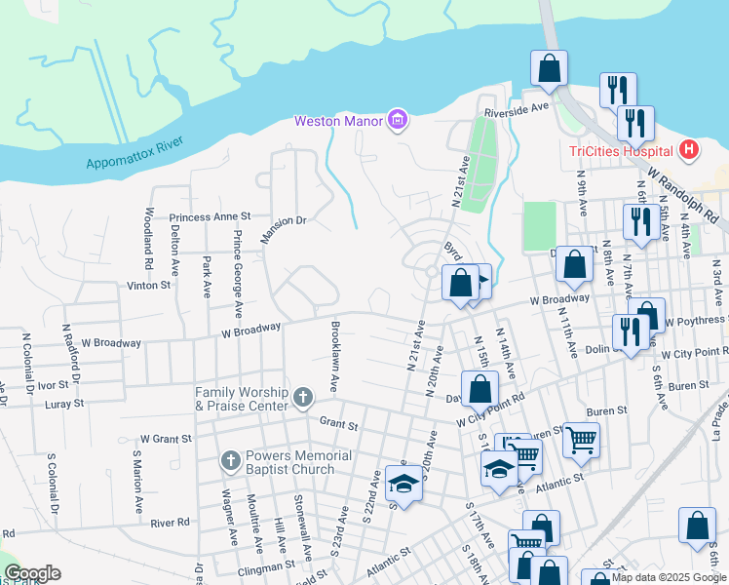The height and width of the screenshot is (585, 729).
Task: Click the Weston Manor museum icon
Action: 397,121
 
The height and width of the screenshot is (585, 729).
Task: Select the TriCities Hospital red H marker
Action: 689,150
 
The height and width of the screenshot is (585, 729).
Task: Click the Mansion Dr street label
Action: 284,220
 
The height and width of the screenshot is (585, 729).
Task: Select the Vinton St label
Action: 148,286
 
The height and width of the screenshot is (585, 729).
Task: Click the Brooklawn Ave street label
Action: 334,357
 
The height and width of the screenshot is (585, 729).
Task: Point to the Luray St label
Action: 64,402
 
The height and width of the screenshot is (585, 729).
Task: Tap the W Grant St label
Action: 166,439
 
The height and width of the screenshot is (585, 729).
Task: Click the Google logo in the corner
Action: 32,573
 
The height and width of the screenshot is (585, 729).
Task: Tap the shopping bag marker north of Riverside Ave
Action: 549,68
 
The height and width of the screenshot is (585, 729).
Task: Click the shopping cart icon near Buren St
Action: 581,439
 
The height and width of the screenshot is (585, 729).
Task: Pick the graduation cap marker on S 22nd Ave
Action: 403,482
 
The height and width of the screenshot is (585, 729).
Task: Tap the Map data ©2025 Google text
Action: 669,577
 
